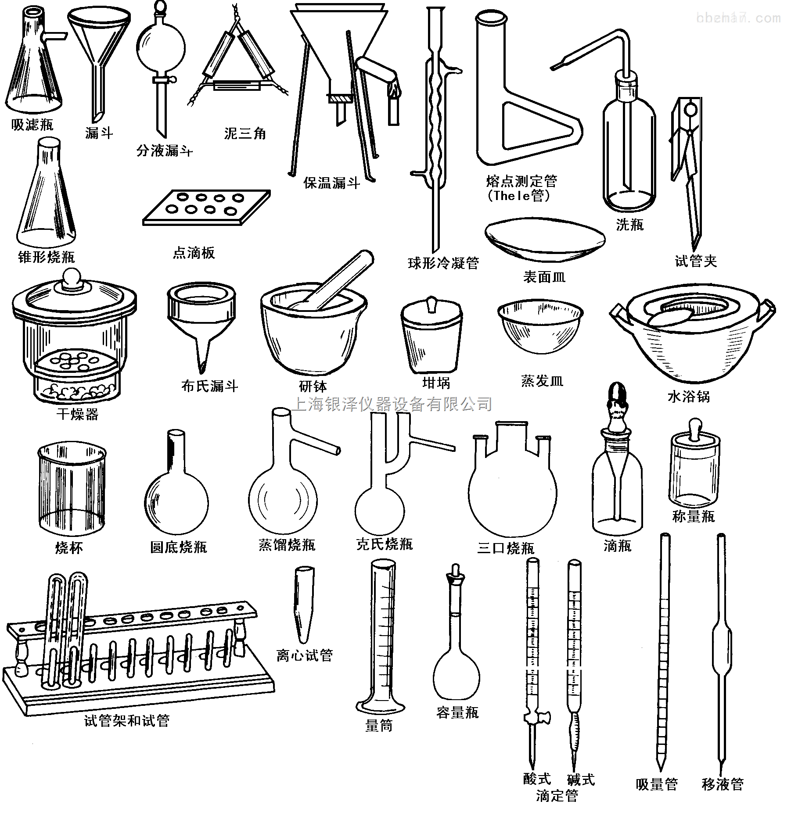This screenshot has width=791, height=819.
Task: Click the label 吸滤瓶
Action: pyautogui.click(x=32, y=125)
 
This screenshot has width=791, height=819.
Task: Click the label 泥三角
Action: pyautogui.click(x=245, y=133)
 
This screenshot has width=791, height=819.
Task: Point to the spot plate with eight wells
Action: pyautogui.click(x=206, y=207)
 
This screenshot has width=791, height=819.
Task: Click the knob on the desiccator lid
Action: pyautogui.click(x=71, y=279)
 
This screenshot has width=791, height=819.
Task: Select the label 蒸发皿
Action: pyautogui.click(x=542, y=381)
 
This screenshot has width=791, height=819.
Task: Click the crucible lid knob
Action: pyautogui.click(x=431, y=304)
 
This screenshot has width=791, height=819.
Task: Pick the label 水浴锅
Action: pyautogui.click(x=688, y=397)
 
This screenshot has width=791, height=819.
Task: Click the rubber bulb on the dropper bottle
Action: pyautogui.click(x=617, y=395)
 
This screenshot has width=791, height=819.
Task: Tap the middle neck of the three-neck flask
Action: pyautogui.click(x=511, y=437)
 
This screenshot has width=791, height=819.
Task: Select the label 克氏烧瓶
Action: pyautogui.click(x=385, y=544)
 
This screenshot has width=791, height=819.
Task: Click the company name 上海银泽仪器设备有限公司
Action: pyautogui.click(x=392, y=404)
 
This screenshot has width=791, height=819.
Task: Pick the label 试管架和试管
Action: pyautogui.click(x=127, y=721)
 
